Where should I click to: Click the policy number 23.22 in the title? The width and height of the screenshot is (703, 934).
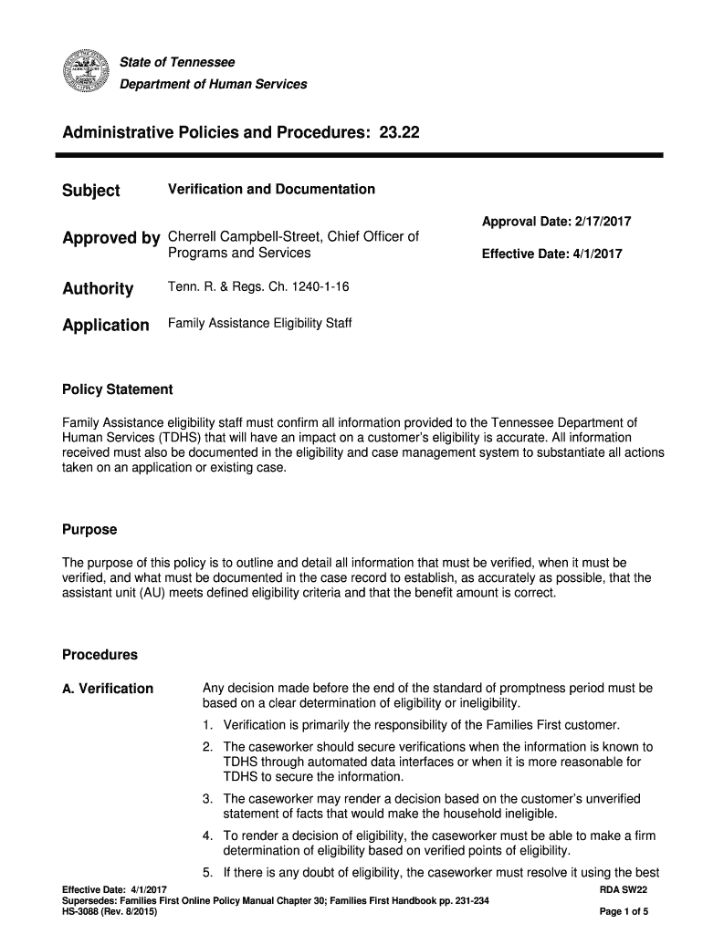(x=398, y=133)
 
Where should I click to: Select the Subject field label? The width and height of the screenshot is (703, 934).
(x=90, y=191)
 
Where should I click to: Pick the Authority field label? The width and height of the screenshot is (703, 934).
(x=97, y=289)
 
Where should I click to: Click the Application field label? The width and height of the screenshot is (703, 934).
(x=105, y=325)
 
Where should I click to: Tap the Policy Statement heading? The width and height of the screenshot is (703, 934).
(x=117, y=389)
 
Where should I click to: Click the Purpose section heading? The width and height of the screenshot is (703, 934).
(x=89, y=530)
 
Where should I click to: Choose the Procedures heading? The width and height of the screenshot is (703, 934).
(x=100, y=655)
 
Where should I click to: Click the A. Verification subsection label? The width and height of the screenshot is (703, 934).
(x=108, y=689)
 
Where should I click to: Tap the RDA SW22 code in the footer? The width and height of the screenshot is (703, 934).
(x=623, y=888)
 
